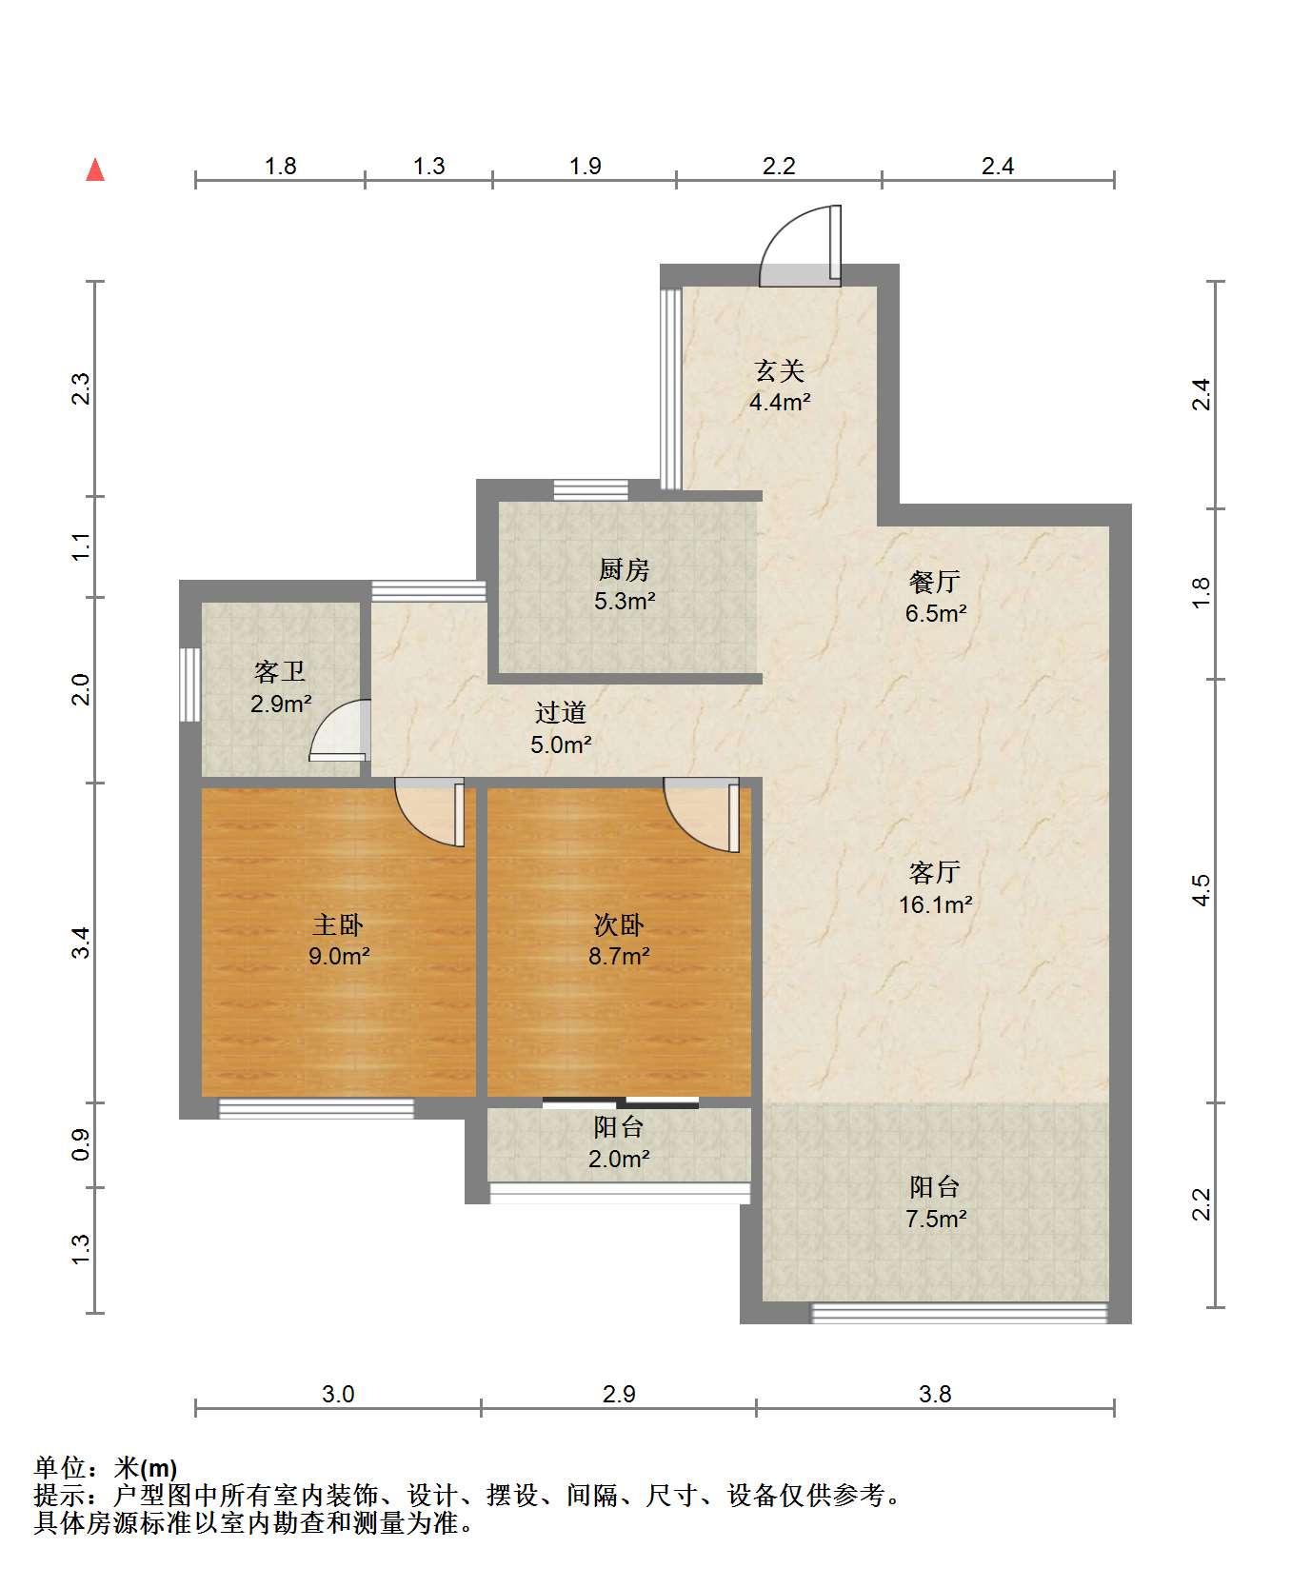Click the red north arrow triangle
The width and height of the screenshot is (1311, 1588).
pyautogui.click(x=95, y=170)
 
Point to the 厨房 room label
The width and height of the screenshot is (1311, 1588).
pyautogui.click(x=625, y=570)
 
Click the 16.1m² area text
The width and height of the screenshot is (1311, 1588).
pyautogui.click(x=936, y=904)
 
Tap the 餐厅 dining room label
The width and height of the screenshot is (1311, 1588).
pyautogui.click(x=935, y=582)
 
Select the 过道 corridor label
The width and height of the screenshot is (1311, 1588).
pyautogui.click(x=560, y=712)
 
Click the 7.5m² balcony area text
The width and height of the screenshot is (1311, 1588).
pyautogui.click(x=936, y=1219)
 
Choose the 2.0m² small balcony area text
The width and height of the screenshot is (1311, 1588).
pyautogui.click(x=619, y=1159)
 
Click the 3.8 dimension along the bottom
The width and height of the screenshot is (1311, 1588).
pyautogui.click(x=935, y=1395)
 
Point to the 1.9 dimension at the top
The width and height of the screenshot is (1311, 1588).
pyautogui.click(x=586, y=167)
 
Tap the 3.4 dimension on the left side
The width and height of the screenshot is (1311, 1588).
pyautogui.click(x=83, y=942)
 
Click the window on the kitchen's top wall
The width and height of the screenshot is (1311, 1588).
pyautogui.click(x=591, y=490)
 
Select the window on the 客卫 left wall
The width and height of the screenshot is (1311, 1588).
pyautogui.click(x=189, y=685)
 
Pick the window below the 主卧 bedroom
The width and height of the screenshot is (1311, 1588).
pyautogui.click(x=316, y=1108)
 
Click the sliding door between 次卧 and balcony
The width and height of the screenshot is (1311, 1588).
pyautogui.click(x=621, y=1102)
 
